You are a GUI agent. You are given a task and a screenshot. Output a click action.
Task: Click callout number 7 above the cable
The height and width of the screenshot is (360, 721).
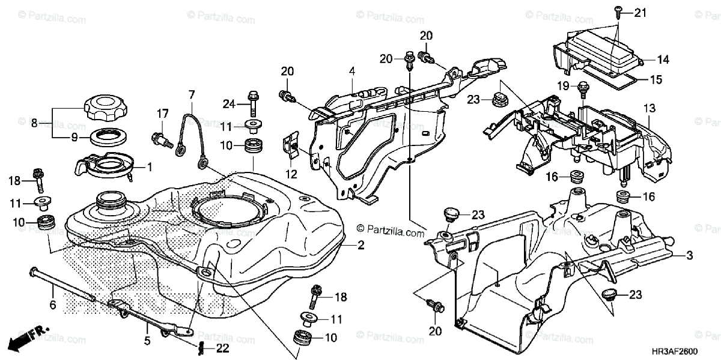point(192,94)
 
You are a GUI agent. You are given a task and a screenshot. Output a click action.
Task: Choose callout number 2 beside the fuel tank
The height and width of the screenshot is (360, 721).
point(361,245)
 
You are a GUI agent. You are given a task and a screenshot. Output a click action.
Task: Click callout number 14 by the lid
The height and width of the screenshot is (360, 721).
point(663,59)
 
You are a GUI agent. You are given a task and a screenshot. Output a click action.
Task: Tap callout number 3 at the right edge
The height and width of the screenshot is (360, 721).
point(689,255)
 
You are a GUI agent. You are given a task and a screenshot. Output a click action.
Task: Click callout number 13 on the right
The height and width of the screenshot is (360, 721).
point(665,108)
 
